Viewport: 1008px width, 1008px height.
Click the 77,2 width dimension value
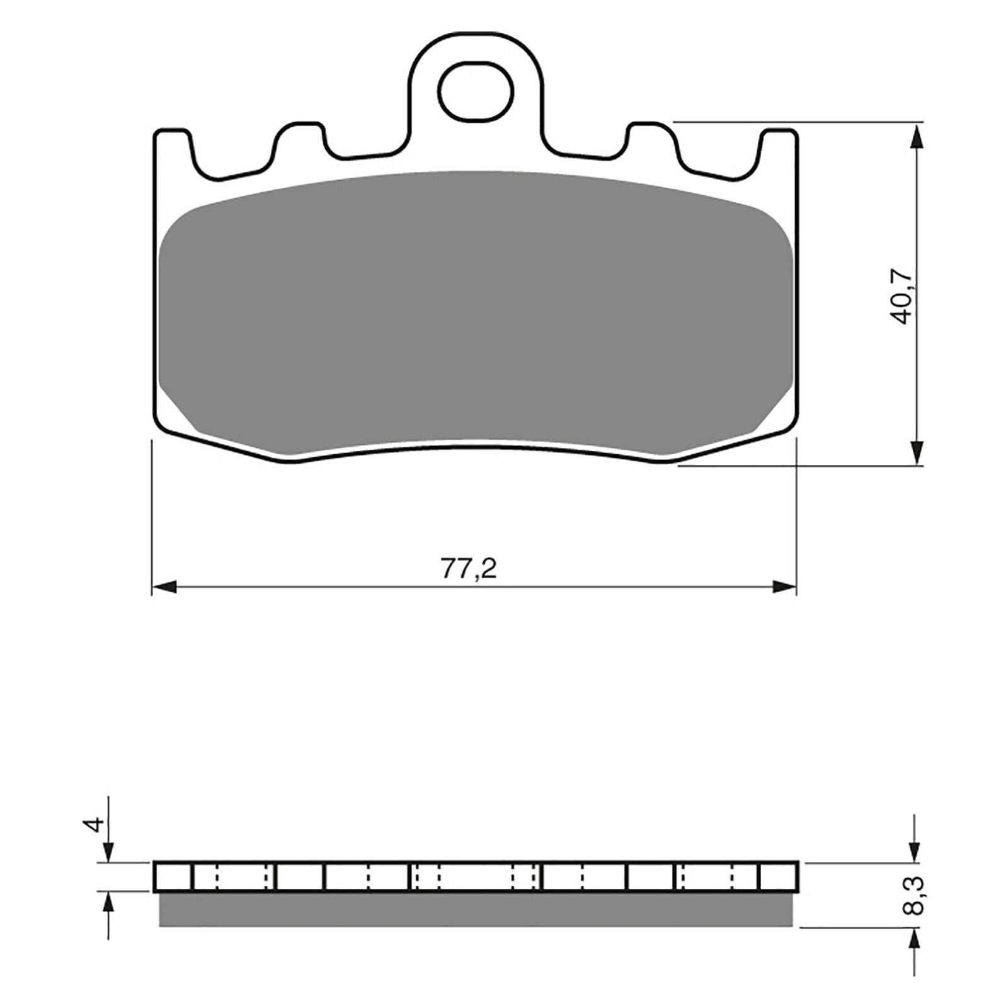(x=469, y=569)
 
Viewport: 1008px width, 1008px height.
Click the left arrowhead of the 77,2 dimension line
(x=164, y=587)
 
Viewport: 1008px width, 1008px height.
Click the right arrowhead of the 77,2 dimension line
(x=785, y=587)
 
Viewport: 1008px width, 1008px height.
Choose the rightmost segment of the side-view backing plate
(x=779, y=876)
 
